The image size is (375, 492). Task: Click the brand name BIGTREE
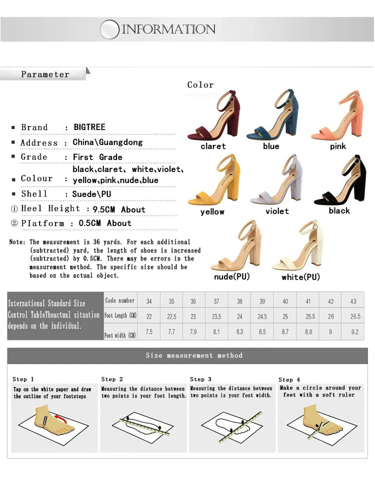(x=89, y=127)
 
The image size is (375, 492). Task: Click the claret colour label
(x=213, y=146)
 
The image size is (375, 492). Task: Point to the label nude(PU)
(x=232, y=276)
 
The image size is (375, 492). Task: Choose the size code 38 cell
(x=239, y=301)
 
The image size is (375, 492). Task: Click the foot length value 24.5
(x=262, y=316)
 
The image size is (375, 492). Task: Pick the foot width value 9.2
(x=354, y=331)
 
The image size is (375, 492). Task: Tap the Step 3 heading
(x=201, y=379)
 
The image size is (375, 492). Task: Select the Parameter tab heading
(x=45, y=74)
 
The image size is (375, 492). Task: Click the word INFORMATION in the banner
(x=168, y=29)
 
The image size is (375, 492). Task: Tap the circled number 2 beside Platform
(x=14, y=223)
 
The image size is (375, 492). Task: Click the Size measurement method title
(x=194, y=355)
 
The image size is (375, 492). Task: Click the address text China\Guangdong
(x=107, y=142)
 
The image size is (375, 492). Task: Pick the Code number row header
(x=119, y=300)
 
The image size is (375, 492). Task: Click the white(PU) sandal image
(x=298, y=245)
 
